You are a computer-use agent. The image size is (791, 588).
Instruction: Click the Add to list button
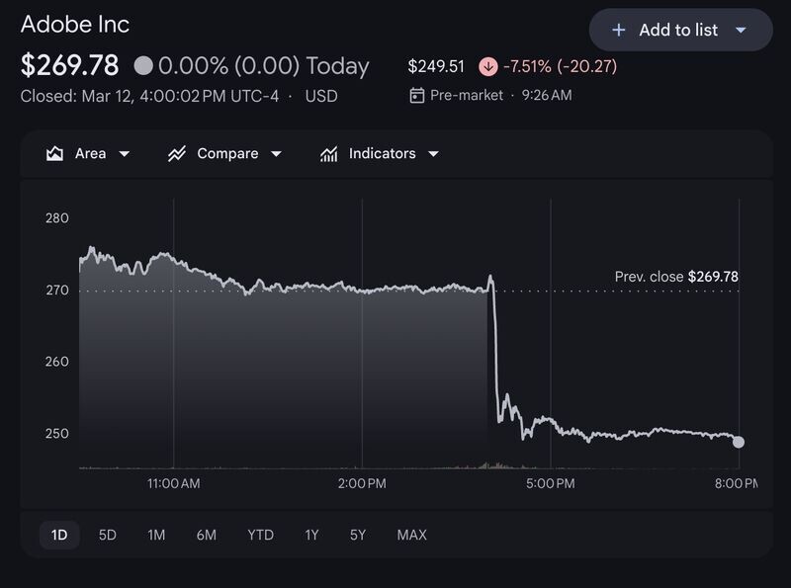[x=680, y=30]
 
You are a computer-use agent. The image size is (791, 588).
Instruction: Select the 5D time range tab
[x=108, y=535]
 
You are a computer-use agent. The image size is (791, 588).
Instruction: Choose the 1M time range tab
[x=156, y=535]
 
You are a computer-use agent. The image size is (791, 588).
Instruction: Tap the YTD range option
[x=260, y=535]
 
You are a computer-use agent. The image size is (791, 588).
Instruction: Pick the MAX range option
[x=411, y=535]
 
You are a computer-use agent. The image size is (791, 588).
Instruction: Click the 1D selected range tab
[x=59, y=535]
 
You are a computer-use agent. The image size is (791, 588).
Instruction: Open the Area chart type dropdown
[x=88, y=153]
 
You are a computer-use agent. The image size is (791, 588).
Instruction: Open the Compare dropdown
[x=225, y=153]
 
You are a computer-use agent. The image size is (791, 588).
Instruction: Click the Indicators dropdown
[x=380, y=153]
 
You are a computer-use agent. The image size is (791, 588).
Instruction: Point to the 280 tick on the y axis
[x=57, y=217]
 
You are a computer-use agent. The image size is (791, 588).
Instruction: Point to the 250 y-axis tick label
[x=57, y=433]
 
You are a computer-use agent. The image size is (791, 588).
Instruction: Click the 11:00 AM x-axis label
[x=174, y=483]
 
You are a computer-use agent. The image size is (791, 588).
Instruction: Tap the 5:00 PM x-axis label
[x=551, y=483]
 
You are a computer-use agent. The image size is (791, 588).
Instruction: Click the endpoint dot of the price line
[x=739, y=443]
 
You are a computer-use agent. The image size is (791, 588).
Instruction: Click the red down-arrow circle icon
[x=487, y=66]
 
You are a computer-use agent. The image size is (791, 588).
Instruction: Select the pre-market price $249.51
[x=436, y=66]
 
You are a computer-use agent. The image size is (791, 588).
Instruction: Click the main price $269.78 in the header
[x=69, y=65]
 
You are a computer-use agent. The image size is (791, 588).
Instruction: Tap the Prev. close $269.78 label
[x=676, y=277]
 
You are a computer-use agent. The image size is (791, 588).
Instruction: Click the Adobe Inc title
[x=75, y=24]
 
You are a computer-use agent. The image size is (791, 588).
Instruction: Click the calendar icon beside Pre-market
[x=416, y=95]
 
